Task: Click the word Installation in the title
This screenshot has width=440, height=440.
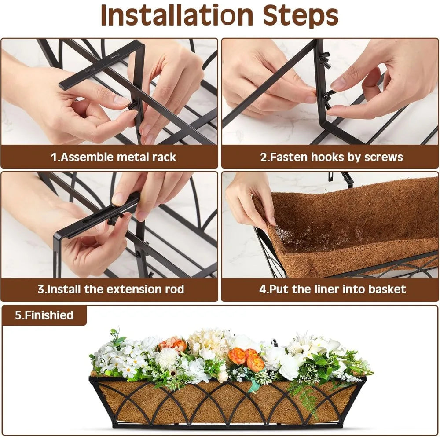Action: [x=177, y=15]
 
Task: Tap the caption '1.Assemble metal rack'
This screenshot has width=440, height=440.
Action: [x=114, y=157]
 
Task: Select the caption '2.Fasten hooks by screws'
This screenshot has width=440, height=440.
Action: [x=331, y=158]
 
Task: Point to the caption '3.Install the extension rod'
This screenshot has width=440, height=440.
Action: [x=111, y=290]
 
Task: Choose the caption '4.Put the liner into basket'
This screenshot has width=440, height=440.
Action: [x=333, y=290]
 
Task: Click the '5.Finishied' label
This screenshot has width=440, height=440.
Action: [x=44, y=315]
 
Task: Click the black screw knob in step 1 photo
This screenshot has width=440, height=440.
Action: [x=132, y=105]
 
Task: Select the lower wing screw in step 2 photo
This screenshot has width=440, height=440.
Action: [x=327, y=96]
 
